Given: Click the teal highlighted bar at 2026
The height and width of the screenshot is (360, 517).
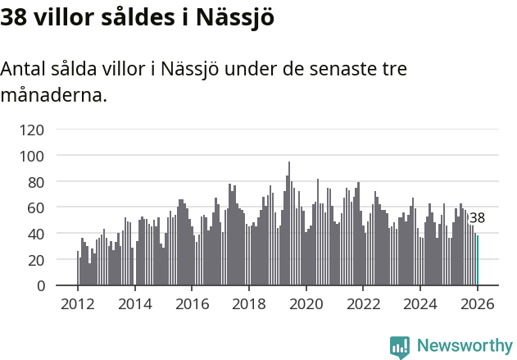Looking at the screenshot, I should click(x=478, y=261).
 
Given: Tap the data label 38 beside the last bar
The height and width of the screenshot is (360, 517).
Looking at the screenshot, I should click(x=477, y=218).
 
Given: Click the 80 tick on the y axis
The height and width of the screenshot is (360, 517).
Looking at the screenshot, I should click(x=35, y=181).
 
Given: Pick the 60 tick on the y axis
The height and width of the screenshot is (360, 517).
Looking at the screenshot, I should click(x=35, y=207).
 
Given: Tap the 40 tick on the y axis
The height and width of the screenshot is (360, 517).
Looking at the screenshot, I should click(x=35, y=234).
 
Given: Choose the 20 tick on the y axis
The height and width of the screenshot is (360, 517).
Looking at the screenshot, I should click(x=35, y=259).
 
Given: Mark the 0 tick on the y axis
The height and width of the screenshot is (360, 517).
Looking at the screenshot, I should click(x=39, y=285).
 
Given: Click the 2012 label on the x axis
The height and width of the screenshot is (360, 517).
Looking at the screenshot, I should click(x=78, y=303).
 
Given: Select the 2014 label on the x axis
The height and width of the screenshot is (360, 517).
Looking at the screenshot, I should click(x=135, y=303).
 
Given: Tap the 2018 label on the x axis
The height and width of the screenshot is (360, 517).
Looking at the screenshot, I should click(x=249, y=303).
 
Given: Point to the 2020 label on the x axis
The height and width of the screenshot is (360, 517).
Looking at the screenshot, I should click(x=306, y=303).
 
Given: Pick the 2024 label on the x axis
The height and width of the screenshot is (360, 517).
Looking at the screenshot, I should click(x=420, y=303).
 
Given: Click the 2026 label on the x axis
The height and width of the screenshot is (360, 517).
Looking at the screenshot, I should click(x=478, y=303).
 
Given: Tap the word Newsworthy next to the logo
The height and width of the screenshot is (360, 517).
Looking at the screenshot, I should click(x=465, y=346).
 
